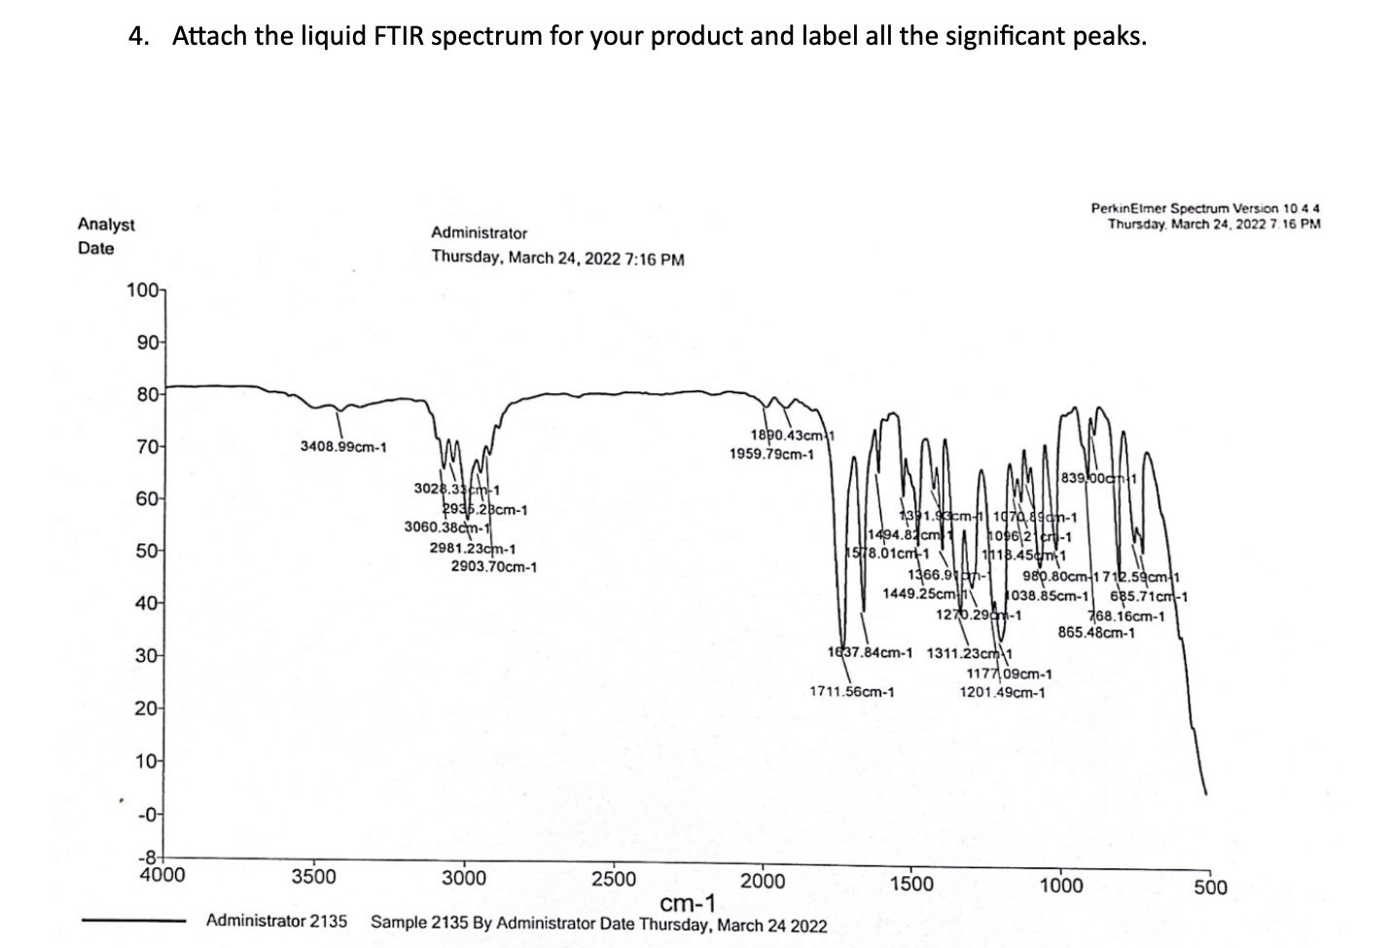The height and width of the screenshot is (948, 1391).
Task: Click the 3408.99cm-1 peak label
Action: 342,447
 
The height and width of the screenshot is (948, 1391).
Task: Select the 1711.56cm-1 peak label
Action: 851,692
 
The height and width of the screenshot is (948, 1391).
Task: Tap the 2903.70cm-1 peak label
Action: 493,565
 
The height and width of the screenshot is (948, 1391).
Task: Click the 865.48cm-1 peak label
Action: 1096,633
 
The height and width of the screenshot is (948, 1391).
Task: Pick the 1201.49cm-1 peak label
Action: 1002,692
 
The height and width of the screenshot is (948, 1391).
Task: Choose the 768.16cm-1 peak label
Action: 1125,616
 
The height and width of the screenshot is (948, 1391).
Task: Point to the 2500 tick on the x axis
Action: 614,879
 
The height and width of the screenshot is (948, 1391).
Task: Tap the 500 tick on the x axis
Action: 1211,887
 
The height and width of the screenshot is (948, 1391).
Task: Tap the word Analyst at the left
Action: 106,225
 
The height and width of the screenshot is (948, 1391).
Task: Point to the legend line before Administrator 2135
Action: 133,920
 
